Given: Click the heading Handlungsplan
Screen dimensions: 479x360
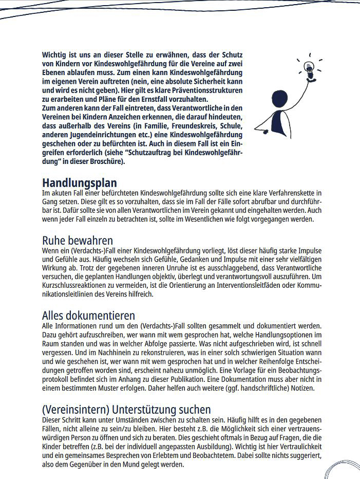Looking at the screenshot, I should pos(79,183).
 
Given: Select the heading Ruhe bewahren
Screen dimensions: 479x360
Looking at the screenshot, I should pos(77,240).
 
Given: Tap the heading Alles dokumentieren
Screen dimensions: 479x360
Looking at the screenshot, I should pos(88,315).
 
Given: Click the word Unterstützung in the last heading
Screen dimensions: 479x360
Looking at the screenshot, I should pos(144,409).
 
